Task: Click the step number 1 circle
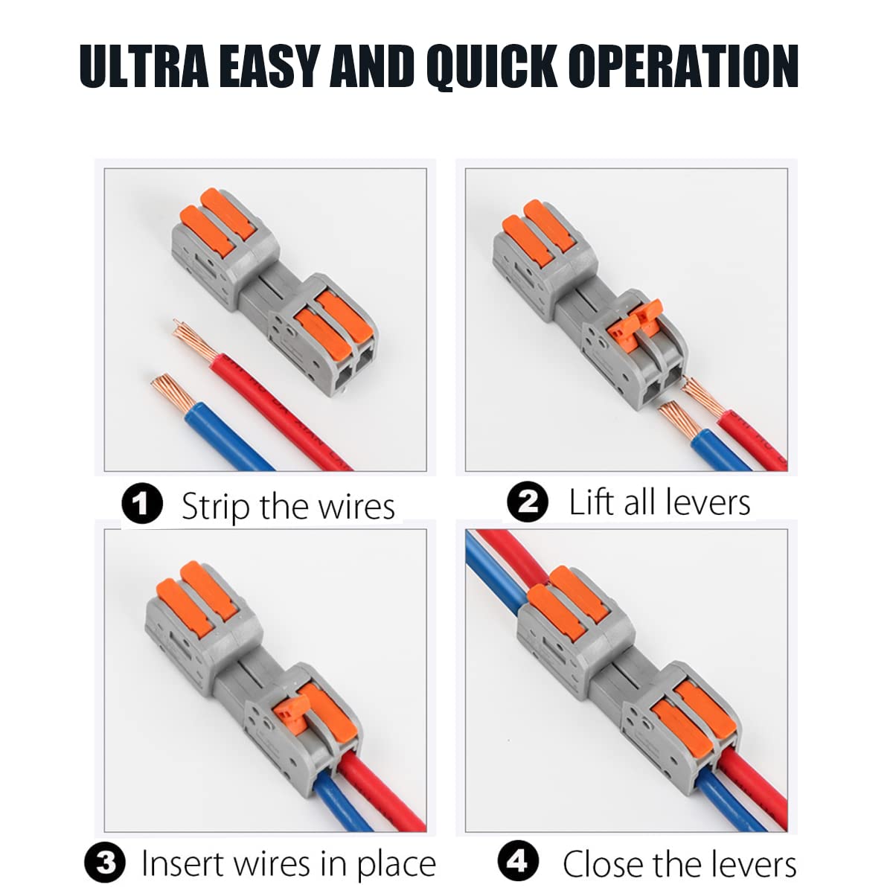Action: [141, 504]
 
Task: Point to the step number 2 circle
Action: [527, 502]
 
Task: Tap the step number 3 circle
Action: [106, 864]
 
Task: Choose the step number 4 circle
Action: [517, 862]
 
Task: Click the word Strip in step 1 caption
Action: [215, 507]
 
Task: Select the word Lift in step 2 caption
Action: [592, 502]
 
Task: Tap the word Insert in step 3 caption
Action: [183, 864]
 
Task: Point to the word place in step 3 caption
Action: [396, 864]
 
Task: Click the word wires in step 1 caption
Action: [356, 507]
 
